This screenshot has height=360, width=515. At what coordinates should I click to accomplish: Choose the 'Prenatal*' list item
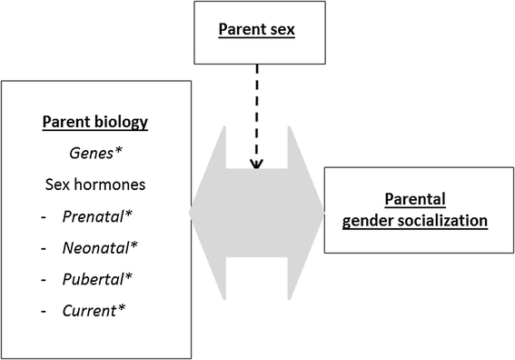tap(94, 216)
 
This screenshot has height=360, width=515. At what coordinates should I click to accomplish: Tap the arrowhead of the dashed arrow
tap(256, 164)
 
